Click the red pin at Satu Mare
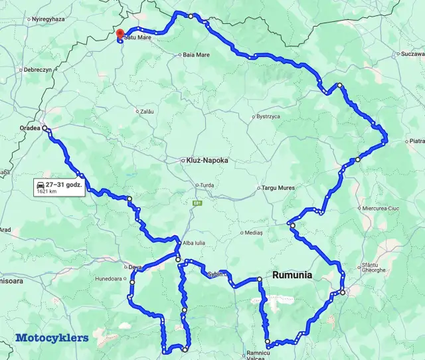coord(120,34)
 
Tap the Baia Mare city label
coord(197,54)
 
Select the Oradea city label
coord(30,129)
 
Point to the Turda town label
coord(207,185)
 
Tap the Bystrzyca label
coord(269,116)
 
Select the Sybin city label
coord(214,274)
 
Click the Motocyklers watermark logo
coord(51,337)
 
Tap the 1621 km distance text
coord(46,191)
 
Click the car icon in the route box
coord(41,184)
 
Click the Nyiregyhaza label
coord(50,19)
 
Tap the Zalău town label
coord(147,112)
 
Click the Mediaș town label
coord(254,233)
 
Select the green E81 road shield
coord(197,203)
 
